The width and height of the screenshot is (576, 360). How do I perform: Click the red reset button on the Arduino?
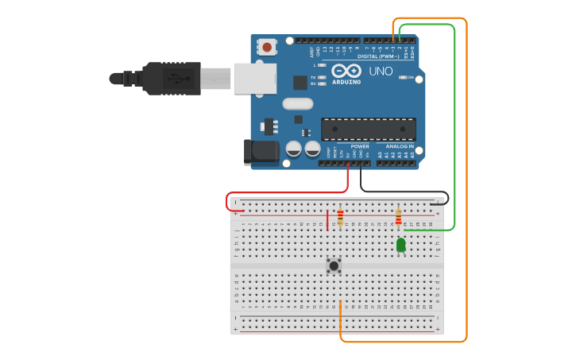[267, 48]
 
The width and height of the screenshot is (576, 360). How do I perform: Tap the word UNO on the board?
[381, 72]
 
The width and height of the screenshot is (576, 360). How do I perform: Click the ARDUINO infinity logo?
[346, 72]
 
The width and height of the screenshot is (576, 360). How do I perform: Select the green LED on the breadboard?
[400, 245]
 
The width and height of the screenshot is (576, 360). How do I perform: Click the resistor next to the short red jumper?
[341, 217]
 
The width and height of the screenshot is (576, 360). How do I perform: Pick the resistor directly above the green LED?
[398, 217]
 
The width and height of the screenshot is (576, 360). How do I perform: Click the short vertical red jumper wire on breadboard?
[327, 220]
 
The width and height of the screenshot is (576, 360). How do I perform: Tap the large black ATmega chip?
[368, 129]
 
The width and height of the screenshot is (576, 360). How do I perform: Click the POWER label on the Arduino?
[360, 146]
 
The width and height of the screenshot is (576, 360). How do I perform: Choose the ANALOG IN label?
[399, 146]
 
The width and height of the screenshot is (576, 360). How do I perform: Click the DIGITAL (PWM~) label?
[378, 56]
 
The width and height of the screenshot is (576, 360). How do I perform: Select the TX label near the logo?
[313, 77]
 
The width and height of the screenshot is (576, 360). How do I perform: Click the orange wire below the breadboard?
[397, 342]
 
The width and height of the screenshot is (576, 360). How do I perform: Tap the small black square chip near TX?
[300, 82]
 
